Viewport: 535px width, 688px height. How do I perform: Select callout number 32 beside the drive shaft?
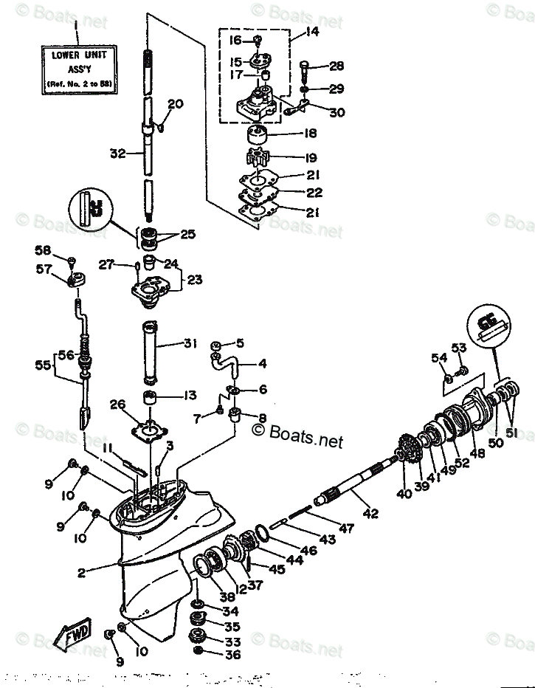pos(117,154)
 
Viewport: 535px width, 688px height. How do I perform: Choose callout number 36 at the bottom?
pos(232,654)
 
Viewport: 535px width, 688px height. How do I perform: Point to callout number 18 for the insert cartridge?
pos(310,134)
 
